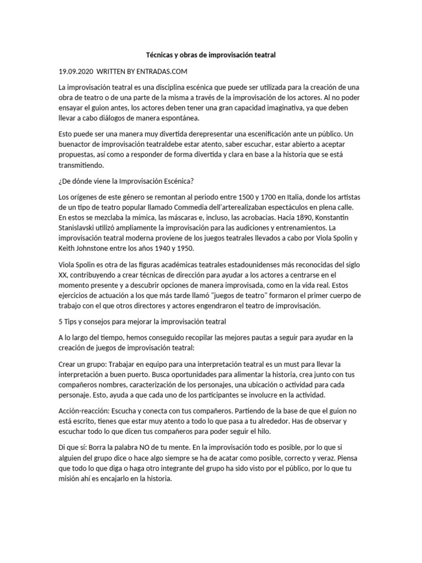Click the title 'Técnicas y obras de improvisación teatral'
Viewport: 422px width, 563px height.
tap(210, 56)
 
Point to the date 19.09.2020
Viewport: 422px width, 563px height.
tap(76, 71)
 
